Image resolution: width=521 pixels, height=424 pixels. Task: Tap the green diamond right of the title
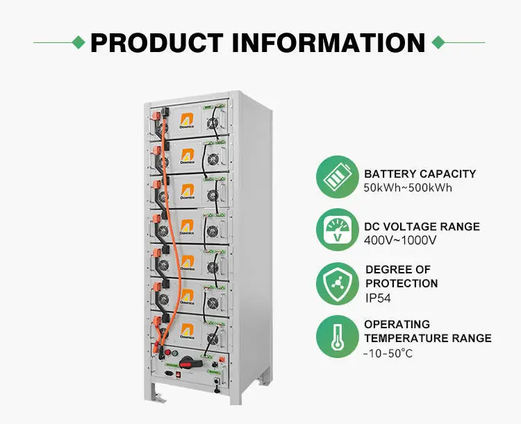438,42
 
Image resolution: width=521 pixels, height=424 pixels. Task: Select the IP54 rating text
379,298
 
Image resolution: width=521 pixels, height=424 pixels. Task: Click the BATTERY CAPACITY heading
420,174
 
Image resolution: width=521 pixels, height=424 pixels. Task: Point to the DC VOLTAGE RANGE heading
422,227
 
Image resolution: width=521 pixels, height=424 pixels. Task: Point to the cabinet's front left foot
158,398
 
